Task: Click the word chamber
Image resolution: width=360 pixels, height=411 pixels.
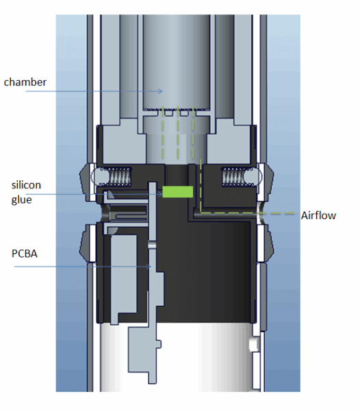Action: click(x=25, y=82)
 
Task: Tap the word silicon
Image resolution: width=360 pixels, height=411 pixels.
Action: click(x=26, y=185)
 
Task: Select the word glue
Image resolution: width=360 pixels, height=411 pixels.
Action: click(x=21, y=200)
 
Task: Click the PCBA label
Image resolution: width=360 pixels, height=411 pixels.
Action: click(x=25, y=253)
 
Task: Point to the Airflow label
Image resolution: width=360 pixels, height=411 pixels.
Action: click(x=318, y=216)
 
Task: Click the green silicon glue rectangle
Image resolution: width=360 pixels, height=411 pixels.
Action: click(x=178, y=192)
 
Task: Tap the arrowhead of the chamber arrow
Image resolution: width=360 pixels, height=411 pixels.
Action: click(x=160, y=91)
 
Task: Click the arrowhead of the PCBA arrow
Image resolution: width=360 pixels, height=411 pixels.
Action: click(x=149, y=266)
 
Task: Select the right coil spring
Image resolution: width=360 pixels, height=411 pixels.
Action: click(x=233, y=177)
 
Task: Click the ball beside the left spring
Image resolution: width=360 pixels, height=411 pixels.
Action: click(x=97, y=177)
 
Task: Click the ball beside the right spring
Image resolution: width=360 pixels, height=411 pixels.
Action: click(x=253, y=177)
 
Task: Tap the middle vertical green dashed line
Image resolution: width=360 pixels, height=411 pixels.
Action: click(x=178, y=132)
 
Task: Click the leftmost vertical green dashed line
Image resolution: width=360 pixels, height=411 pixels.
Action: click(x=163, y=132)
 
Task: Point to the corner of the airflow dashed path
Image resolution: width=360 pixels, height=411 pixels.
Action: click(x=201, y=213)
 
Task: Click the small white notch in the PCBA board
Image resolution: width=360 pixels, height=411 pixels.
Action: click(x=153, y=245)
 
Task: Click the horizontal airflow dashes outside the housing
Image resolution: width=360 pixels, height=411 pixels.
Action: click(x=277, y=213)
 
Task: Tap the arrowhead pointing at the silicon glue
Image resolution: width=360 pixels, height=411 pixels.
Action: click(x=160, y=195)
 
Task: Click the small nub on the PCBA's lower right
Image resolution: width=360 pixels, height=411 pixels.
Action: click(x=159, y=344)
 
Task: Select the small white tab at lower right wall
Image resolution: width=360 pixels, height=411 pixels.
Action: click(x=253, y=345)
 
